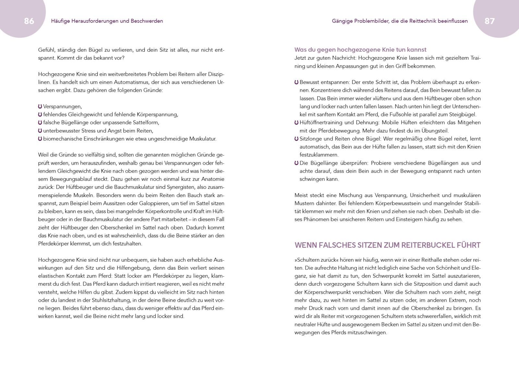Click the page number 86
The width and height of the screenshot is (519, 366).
(29, 21)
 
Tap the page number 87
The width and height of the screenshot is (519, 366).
(489, 21)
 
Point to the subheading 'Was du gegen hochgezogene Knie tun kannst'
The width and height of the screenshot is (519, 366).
(360, 50)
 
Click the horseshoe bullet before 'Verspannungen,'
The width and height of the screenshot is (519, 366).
(40, 106)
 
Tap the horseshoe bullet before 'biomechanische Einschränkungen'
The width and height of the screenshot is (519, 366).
(40, 139)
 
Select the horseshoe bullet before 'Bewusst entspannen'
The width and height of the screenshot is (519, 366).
(296, 82)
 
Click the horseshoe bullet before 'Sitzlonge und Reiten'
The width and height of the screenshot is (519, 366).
(296, 139)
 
